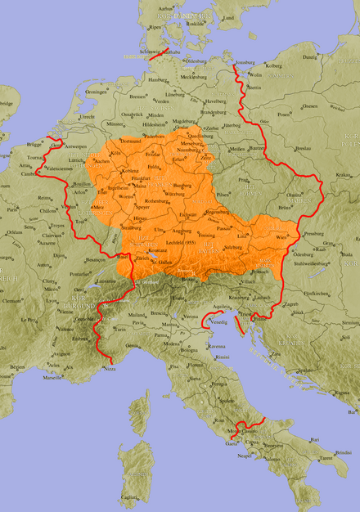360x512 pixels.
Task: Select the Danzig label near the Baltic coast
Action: (x=309, y=57)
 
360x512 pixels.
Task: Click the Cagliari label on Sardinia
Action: (x=129, y=497)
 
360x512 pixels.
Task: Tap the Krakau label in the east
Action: (x=341, y=175)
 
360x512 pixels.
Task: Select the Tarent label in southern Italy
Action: (x=326, y=459)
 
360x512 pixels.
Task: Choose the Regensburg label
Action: (x=217, y=211)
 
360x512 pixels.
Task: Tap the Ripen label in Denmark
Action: (x=155, y=27)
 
